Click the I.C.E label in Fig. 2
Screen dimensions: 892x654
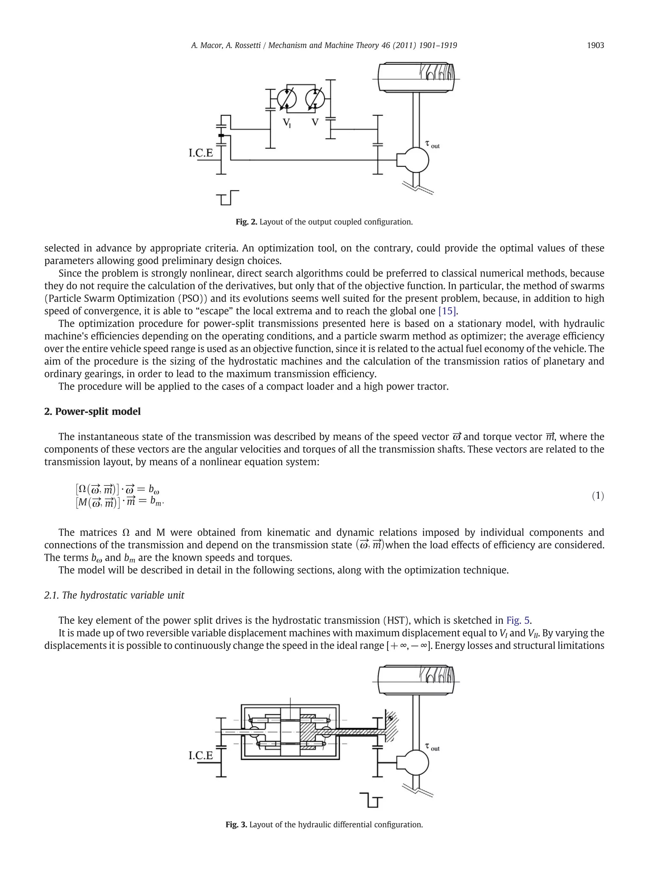point(201,153)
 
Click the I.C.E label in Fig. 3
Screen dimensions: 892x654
point(201,755)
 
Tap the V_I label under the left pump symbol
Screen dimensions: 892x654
point(287,123)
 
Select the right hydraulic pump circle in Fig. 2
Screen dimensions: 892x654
point(315,98)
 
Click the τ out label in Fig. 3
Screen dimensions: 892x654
point(432,747)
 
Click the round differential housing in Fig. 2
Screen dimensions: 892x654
point(415,160)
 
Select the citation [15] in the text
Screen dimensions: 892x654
point(448,311)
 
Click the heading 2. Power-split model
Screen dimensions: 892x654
point(92,411)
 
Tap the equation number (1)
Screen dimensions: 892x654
point(598,496)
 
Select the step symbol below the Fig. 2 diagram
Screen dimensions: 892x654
point(228,198)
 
